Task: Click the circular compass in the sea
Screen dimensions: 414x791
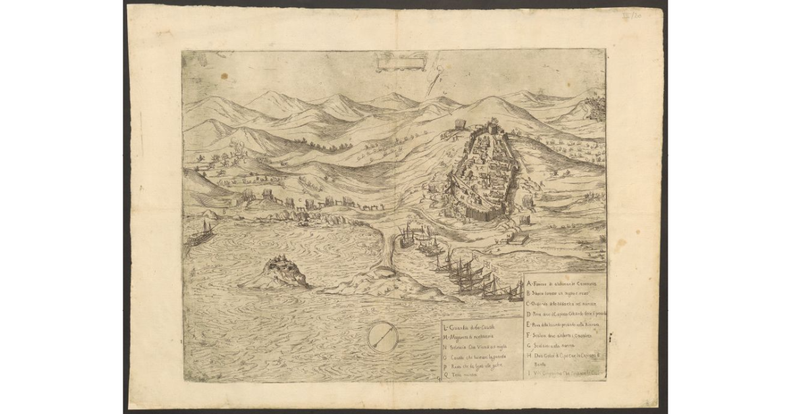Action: click(x=382, y=338)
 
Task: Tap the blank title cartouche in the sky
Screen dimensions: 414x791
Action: click(x=399, y=63)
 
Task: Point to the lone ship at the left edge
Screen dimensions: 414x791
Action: click(x=202, y=233)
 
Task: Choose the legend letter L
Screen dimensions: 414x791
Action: click(x=446, y=328)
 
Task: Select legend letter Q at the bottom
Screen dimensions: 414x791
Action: click(x=446, y=374)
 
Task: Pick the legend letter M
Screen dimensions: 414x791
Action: click(x=446, y=337)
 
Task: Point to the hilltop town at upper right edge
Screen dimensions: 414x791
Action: click(x=597, y=105)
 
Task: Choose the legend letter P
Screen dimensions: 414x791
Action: click(x=446, y=365)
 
